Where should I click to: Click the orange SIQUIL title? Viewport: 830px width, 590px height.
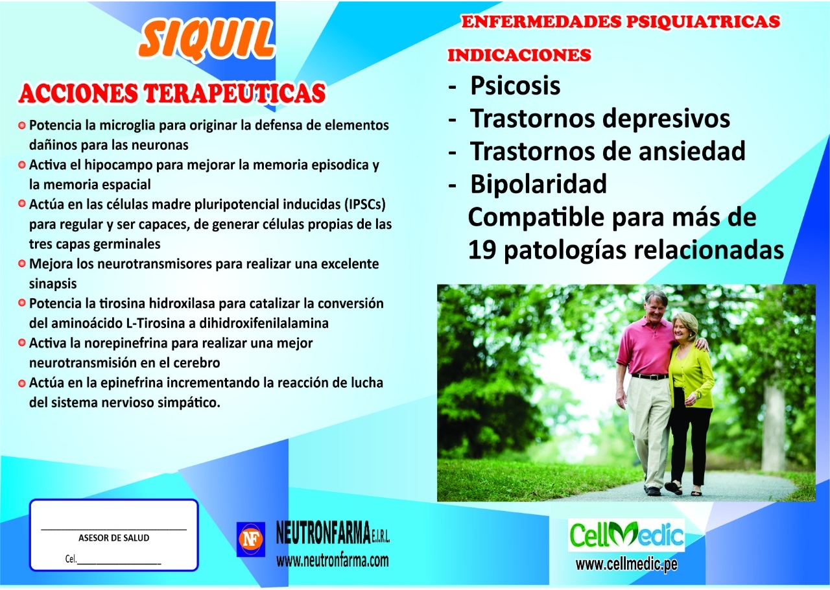206,40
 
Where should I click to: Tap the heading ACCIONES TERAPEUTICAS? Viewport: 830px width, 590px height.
172,93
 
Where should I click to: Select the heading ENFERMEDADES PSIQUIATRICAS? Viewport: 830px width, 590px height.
621,21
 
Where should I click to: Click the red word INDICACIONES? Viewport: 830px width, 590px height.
519,55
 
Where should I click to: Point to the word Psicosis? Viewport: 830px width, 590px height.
515,86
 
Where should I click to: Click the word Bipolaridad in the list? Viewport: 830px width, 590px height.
538,183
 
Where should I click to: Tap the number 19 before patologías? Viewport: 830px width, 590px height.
482,250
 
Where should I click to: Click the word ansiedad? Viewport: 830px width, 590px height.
692,151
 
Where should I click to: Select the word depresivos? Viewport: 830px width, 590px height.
666,119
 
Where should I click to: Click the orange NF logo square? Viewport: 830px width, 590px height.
251,539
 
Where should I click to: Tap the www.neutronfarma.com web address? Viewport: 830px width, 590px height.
333,560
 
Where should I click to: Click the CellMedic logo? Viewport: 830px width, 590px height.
626,535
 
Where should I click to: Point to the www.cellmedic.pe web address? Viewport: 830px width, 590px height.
626,565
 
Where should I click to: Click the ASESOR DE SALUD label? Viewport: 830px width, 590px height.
113,537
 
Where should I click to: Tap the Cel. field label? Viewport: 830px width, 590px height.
71,558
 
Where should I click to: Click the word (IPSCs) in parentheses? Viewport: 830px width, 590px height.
364,204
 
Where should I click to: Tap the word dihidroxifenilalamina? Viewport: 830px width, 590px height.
264,323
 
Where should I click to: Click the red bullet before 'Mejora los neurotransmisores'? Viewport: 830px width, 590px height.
22,263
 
